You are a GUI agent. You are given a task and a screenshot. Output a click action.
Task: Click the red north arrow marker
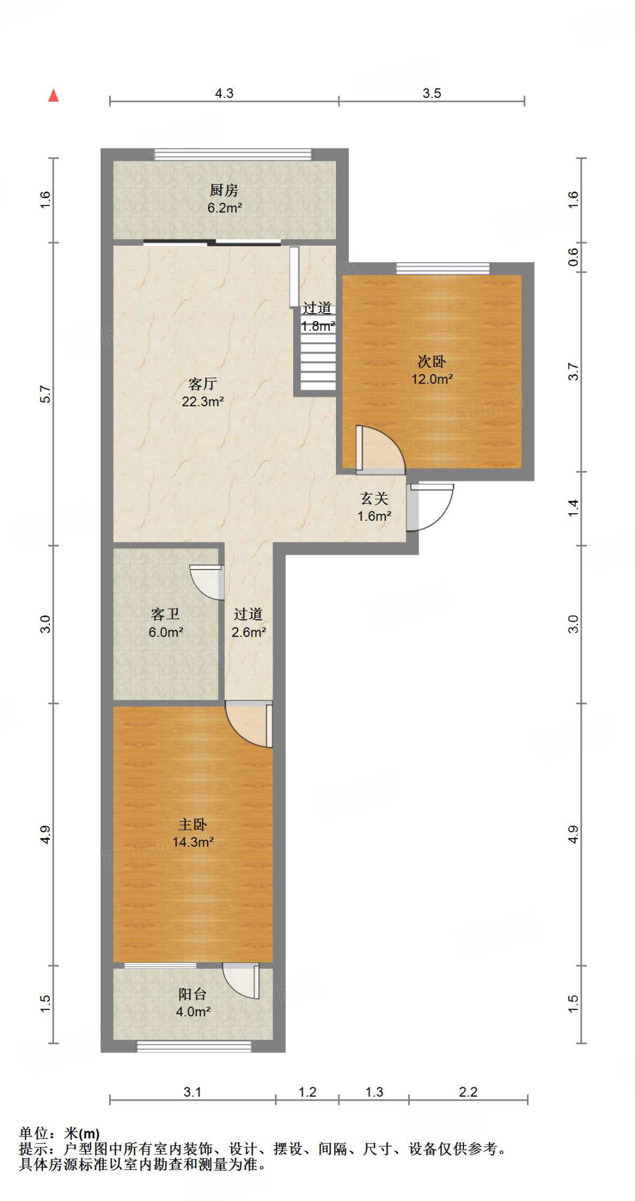(53, 95)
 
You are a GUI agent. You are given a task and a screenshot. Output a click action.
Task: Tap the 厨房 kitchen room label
(224, 190)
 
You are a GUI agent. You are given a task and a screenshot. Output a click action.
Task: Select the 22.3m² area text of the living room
(202, 402)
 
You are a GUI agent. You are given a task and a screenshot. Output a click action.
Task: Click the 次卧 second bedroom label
(432, 362)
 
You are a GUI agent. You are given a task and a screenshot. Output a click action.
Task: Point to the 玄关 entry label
(374, 498)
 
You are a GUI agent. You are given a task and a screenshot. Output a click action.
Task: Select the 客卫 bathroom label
(165, 614)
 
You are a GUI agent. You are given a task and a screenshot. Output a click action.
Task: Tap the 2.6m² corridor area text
(249, 632)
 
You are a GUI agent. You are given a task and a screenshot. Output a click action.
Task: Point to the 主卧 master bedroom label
(192, 825)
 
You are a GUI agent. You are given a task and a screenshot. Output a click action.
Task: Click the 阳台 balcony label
(192, 994)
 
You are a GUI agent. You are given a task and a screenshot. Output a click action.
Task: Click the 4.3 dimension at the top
(224, 93)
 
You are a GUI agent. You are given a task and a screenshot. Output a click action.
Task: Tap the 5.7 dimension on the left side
(46, 394)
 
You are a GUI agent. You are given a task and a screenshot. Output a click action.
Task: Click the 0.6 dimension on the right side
(573, 257)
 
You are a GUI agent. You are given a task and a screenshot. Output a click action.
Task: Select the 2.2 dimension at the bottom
(468, 1092)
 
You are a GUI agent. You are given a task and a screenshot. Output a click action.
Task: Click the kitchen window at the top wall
(233, 154)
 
